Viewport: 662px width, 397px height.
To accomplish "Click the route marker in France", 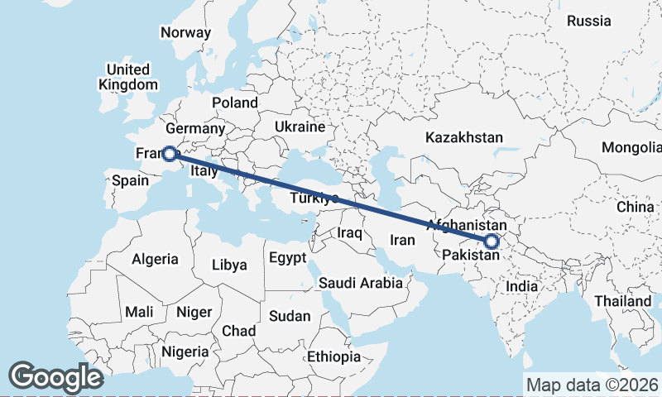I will (x=169, y=153).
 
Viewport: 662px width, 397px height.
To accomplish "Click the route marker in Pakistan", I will (x=492, y=242).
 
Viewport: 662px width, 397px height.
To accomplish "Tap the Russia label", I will (x=589, y=21).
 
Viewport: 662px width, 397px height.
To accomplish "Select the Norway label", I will (x=185, y=32).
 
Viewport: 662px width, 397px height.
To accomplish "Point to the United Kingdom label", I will (x=127, y=77).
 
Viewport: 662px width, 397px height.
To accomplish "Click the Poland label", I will (x=234, y=103).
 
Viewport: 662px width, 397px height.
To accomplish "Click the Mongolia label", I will (x=632, y=148).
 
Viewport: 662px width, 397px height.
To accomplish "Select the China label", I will (x=635, y=206).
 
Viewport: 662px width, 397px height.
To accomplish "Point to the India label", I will (x=522, y=285).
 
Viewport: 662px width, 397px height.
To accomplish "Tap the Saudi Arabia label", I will (x=361, y=283).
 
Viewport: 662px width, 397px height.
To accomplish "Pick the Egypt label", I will (x=287, y=258).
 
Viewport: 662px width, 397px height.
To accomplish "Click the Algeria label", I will (x=155, y=259).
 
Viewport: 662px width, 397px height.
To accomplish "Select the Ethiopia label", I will (x=333, y=357).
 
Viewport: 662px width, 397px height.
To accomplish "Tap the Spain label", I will (x=130, y=180).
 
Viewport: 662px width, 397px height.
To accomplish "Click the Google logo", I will (x=55, y=376).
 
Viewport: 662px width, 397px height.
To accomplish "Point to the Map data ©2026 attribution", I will (x=592, y=385).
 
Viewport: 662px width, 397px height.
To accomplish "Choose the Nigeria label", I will (x=185, y=352).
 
